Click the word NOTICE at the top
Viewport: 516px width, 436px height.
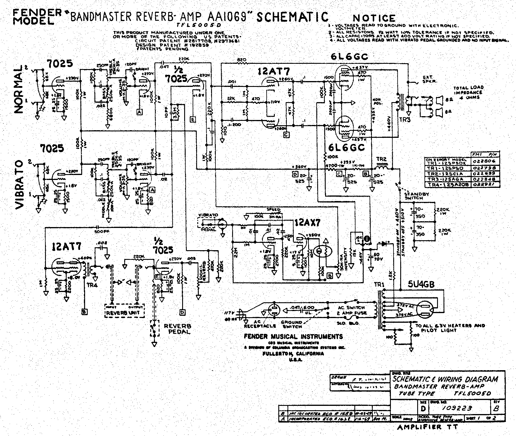point(374,18)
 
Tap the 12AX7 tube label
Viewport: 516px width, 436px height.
point(307,223)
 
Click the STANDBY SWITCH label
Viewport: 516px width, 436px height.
point(413,196)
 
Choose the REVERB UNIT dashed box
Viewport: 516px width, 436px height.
point(125,312)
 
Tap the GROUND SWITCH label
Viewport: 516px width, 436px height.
point(291,324)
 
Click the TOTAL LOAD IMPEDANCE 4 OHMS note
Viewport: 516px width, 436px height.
point(468,92)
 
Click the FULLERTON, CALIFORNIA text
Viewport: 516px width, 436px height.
point(294,353)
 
